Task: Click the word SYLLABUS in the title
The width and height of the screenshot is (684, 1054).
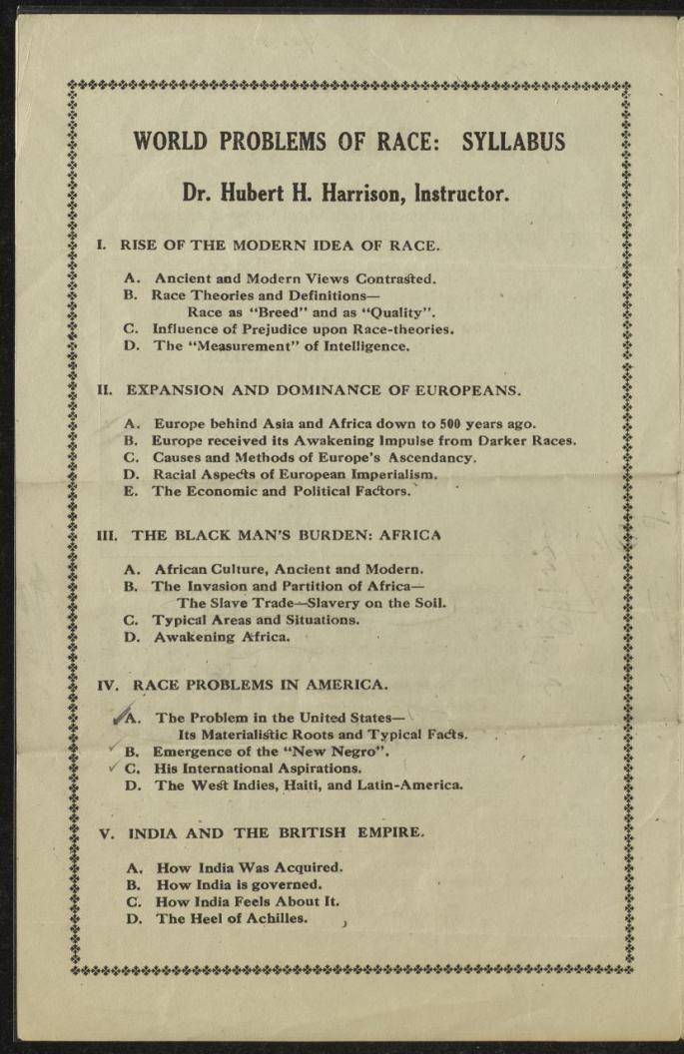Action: [x=513, y=141]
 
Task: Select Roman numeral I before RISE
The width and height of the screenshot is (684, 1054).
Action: [x=102, y=245]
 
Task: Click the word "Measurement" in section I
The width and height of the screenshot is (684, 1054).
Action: [x=235, y=346]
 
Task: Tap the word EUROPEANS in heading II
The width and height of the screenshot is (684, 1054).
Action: [x=465, y=389]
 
